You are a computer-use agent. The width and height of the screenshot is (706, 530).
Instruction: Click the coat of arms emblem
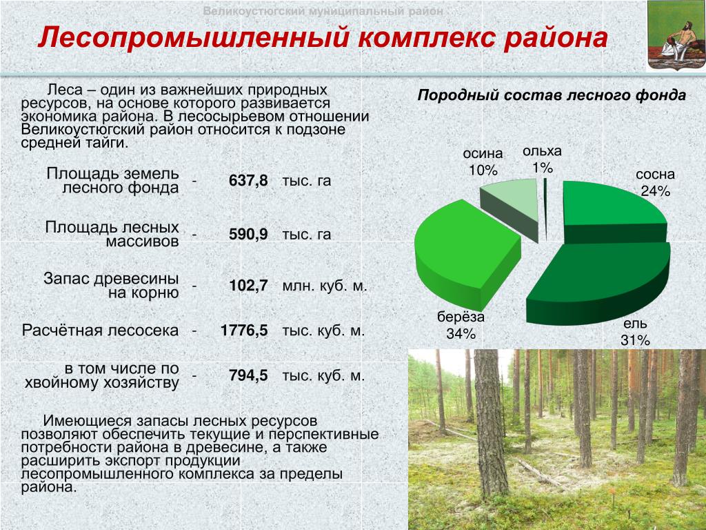tap(676, 36)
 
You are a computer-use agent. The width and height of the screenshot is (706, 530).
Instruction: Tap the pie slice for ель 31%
tap(599, 284)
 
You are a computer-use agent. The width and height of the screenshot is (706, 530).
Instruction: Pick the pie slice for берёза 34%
tap(466, 253)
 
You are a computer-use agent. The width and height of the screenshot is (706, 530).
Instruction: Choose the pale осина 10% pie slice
tap(511, 207)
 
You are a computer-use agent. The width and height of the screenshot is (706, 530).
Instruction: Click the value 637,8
tap(248, 181)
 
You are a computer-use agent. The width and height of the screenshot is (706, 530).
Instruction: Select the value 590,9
tap(248, 235)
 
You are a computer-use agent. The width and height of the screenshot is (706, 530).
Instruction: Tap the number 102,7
tap(248, 286)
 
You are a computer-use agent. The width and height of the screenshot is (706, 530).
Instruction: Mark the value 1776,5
tap(244, 331)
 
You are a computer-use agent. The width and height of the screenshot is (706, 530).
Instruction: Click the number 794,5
tap(248, 375)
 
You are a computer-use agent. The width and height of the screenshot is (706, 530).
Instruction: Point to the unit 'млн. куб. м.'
tap(325, 286)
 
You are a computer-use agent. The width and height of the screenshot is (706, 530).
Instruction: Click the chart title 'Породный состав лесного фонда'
tap(552, 95)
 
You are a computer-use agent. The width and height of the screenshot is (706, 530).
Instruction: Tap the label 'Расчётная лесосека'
tap(100, 331)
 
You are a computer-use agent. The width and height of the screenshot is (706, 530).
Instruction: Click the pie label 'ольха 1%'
tap(542, 159)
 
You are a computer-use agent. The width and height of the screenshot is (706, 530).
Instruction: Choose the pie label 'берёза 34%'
tap(461, 325)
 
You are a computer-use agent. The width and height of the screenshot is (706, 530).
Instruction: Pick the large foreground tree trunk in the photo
tap(491, 424)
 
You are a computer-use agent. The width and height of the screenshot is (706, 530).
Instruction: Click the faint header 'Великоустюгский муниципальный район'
tap(323, 11)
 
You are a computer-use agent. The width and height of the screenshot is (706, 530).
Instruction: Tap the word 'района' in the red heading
tap(556, 38)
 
